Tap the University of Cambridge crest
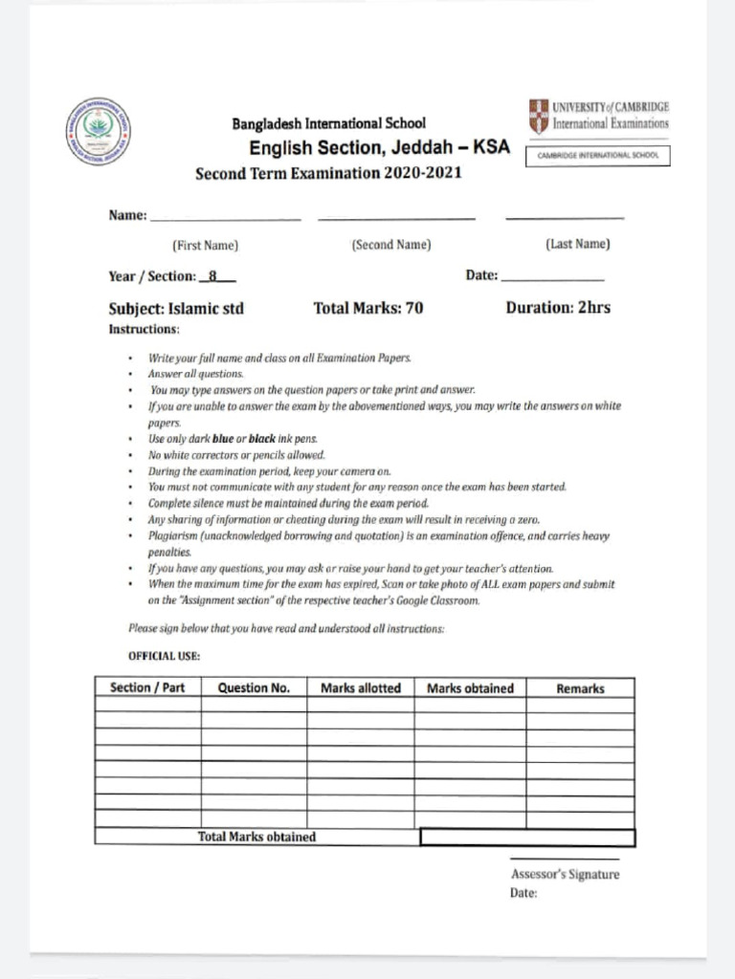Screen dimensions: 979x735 coord(539,117)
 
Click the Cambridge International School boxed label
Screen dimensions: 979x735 coord(598,156)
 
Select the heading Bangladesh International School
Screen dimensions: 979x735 coord(328,123)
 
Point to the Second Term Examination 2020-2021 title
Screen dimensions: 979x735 coord(328,174)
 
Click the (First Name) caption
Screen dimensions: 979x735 coord(205,245)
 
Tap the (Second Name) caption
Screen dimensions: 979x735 coord(391,245)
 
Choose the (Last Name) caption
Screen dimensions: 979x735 coord(578,245)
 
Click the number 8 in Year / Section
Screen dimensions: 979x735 coord(215,276)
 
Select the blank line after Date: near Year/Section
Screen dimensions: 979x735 coord(553,277)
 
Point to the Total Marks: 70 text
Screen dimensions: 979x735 coord(368,308)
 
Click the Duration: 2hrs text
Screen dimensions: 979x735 coord(558,308)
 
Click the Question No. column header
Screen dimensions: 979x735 coord(254,687)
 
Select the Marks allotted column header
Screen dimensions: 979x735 coord(361,687)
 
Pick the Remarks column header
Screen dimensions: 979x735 coord(580,688)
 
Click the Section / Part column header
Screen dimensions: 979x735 coord(147,687)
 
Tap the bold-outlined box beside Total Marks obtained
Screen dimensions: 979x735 coord(527,838)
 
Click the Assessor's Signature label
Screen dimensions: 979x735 coord(565,874)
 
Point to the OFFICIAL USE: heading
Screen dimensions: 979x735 coord(164,657)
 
